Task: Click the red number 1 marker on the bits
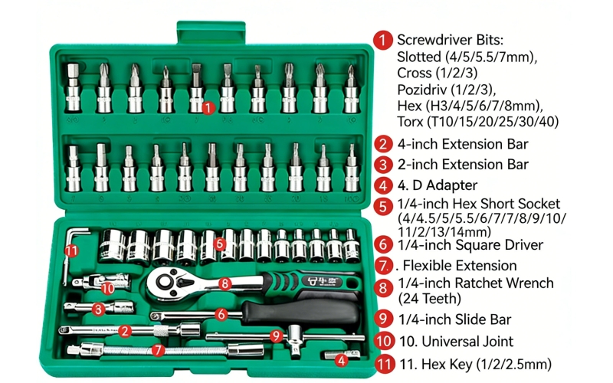tap(208, 107)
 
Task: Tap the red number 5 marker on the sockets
tap(220, 244)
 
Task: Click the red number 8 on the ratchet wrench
tap(225, 283)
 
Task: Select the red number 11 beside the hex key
tap(71, 250)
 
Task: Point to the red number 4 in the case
tap(342, 358)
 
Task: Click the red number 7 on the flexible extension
tap(158, 349)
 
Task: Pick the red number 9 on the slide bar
tap(277, 335)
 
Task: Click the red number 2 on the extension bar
tap(124, 331)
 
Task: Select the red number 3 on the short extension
tap(98, 309)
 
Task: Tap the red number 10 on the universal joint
tap(107, 287)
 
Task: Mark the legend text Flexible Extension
tap(460, 265)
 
